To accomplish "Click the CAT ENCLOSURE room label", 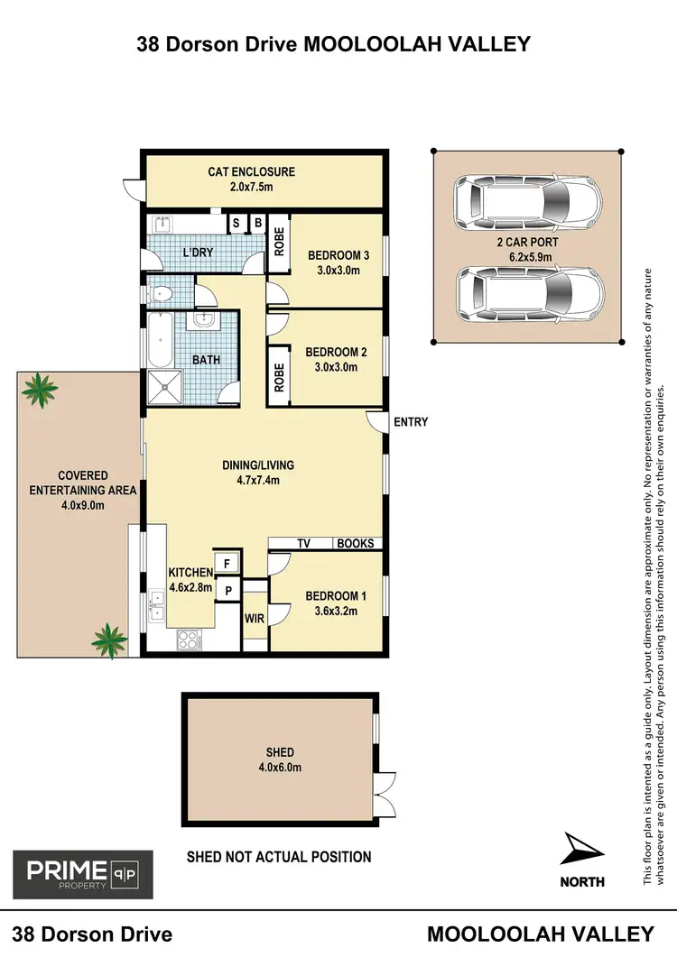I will click(251, 171).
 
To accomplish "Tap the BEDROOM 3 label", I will click(333, 254).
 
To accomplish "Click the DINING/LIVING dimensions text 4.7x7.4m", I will click(258, 481).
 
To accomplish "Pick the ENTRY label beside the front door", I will click(411, 422).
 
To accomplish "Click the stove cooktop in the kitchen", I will click(190, 640).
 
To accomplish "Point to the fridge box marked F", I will click(227, 564).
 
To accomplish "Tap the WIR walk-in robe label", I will click(254, 619).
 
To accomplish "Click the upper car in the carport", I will click(527, 203).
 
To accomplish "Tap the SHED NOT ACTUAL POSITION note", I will click(278, 856).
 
